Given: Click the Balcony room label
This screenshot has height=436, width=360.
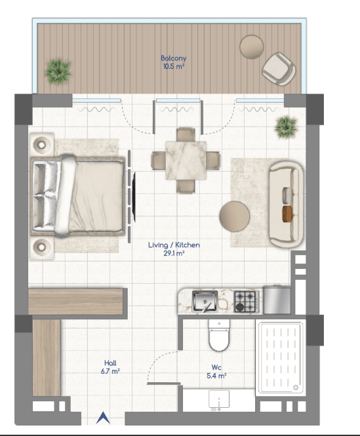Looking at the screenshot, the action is coord(173,58).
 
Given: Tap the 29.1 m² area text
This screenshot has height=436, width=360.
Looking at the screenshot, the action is coord(174,253).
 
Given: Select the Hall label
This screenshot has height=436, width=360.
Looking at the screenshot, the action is coord(110,363).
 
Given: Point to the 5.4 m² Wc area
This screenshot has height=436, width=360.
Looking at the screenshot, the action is coord(216,376).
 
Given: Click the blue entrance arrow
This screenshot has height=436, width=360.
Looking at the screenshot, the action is coord(103,418).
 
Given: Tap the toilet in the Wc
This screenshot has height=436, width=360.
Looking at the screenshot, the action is coord(219,335).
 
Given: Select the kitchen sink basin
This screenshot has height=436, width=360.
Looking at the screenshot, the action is coord(205,301).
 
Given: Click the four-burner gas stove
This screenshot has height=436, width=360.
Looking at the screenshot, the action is coord(245,301).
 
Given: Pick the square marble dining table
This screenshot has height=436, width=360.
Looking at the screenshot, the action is coord(186,161).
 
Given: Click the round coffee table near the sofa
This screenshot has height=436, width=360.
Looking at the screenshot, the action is coord(234,216).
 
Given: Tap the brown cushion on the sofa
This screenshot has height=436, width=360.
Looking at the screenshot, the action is coord(288,214).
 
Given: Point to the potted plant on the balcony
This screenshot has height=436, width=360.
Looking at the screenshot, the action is coord(58,71).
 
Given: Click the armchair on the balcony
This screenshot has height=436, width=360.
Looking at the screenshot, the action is coord(279,69).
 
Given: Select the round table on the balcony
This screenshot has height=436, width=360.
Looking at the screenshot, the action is coord(252,47).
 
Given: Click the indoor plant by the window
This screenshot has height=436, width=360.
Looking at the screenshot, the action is coord(287,127).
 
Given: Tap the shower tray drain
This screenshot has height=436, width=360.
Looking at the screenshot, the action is coord(296,387).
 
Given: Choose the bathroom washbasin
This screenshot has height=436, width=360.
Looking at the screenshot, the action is coord(219,399).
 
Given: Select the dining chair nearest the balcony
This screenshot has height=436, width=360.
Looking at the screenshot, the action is coord(186,134).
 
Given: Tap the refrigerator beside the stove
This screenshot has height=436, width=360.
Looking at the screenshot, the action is coord(277,300).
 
